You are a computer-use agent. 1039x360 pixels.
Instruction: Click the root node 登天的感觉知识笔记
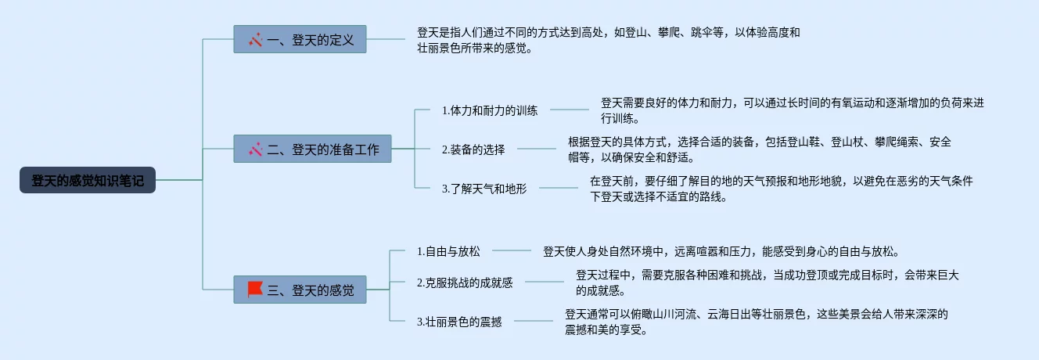[x=88, y=180]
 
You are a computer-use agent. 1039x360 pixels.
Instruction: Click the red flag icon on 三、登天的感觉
[x=255, y=290]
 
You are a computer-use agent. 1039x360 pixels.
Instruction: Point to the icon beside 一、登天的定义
[x=255, y=39]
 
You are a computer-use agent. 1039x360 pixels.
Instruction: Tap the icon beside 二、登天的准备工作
[x=255, y=149]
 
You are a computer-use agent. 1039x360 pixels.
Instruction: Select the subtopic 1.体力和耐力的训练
[x=490, y=110]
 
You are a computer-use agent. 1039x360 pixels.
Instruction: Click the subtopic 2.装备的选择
[x=473, y=149]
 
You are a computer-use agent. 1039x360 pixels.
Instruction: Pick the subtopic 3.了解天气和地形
[x=484, y=189]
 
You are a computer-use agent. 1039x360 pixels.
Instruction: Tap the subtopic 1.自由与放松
[x=448, y=251]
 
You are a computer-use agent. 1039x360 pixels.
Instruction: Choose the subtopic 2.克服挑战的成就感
[x=465, y=283]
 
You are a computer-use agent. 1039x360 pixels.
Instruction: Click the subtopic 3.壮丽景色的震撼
[x=459, y=322]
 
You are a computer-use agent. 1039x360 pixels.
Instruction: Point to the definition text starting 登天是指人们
[x=608, y=40]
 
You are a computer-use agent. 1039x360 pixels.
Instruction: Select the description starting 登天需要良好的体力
[x=792, y=110]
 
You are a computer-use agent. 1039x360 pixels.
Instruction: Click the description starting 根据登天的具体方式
[x=759, y=149]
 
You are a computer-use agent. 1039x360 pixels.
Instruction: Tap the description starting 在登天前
[x=781, y=189]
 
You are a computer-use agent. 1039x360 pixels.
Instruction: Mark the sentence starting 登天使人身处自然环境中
[x=721, y=251]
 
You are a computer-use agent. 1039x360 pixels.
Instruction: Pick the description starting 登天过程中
[x=767, y=283]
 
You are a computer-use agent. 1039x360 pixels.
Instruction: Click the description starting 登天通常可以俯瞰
[x=756, y=322]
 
